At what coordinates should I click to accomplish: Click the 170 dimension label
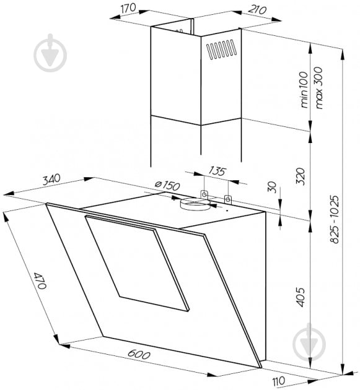(128, 7)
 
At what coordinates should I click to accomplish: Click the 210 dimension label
(257, 10)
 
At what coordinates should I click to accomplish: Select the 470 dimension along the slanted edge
(40, 280)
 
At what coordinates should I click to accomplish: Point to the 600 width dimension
(139, 355)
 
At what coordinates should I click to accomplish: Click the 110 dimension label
(279, 381)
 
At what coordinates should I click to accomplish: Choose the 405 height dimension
(301, 297)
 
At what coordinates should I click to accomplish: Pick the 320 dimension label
(300, 176)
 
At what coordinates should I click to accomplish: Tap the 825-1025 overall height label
(335, 219)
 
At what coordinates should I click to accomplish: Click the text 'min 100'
(304, 90)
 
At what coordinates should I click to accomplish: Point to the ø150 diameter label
(167, 185)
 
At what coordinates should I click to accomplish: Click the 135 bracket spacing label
(217, 171)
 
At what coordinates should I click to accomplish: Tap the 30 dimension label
(272, 187)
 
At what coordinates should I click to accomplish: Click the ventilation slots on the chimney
(222, 49)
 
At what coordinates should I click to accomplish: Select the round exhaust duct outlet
(195, 204)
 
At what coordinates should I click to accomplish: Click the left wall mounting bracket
(204, 194)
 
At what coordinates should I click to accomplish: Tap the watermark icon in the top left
(50, 53)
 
